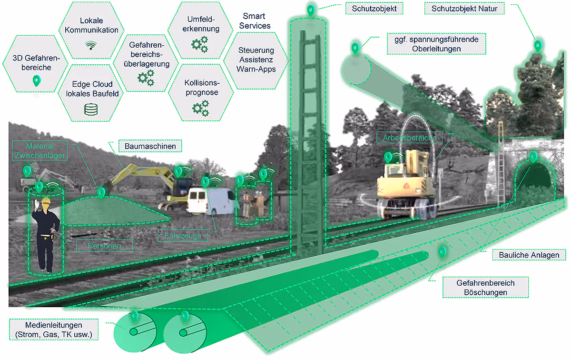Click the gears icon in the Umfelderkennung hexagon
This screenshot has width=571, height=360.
(x=199, y=45)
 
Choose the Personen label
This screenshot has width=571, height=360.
(x=104, y=245)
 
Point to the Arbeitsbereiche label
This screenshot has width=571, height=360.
(x=410, y=138)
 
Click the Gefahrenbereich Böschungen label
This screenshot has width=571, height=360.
(x=479, y=288)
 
